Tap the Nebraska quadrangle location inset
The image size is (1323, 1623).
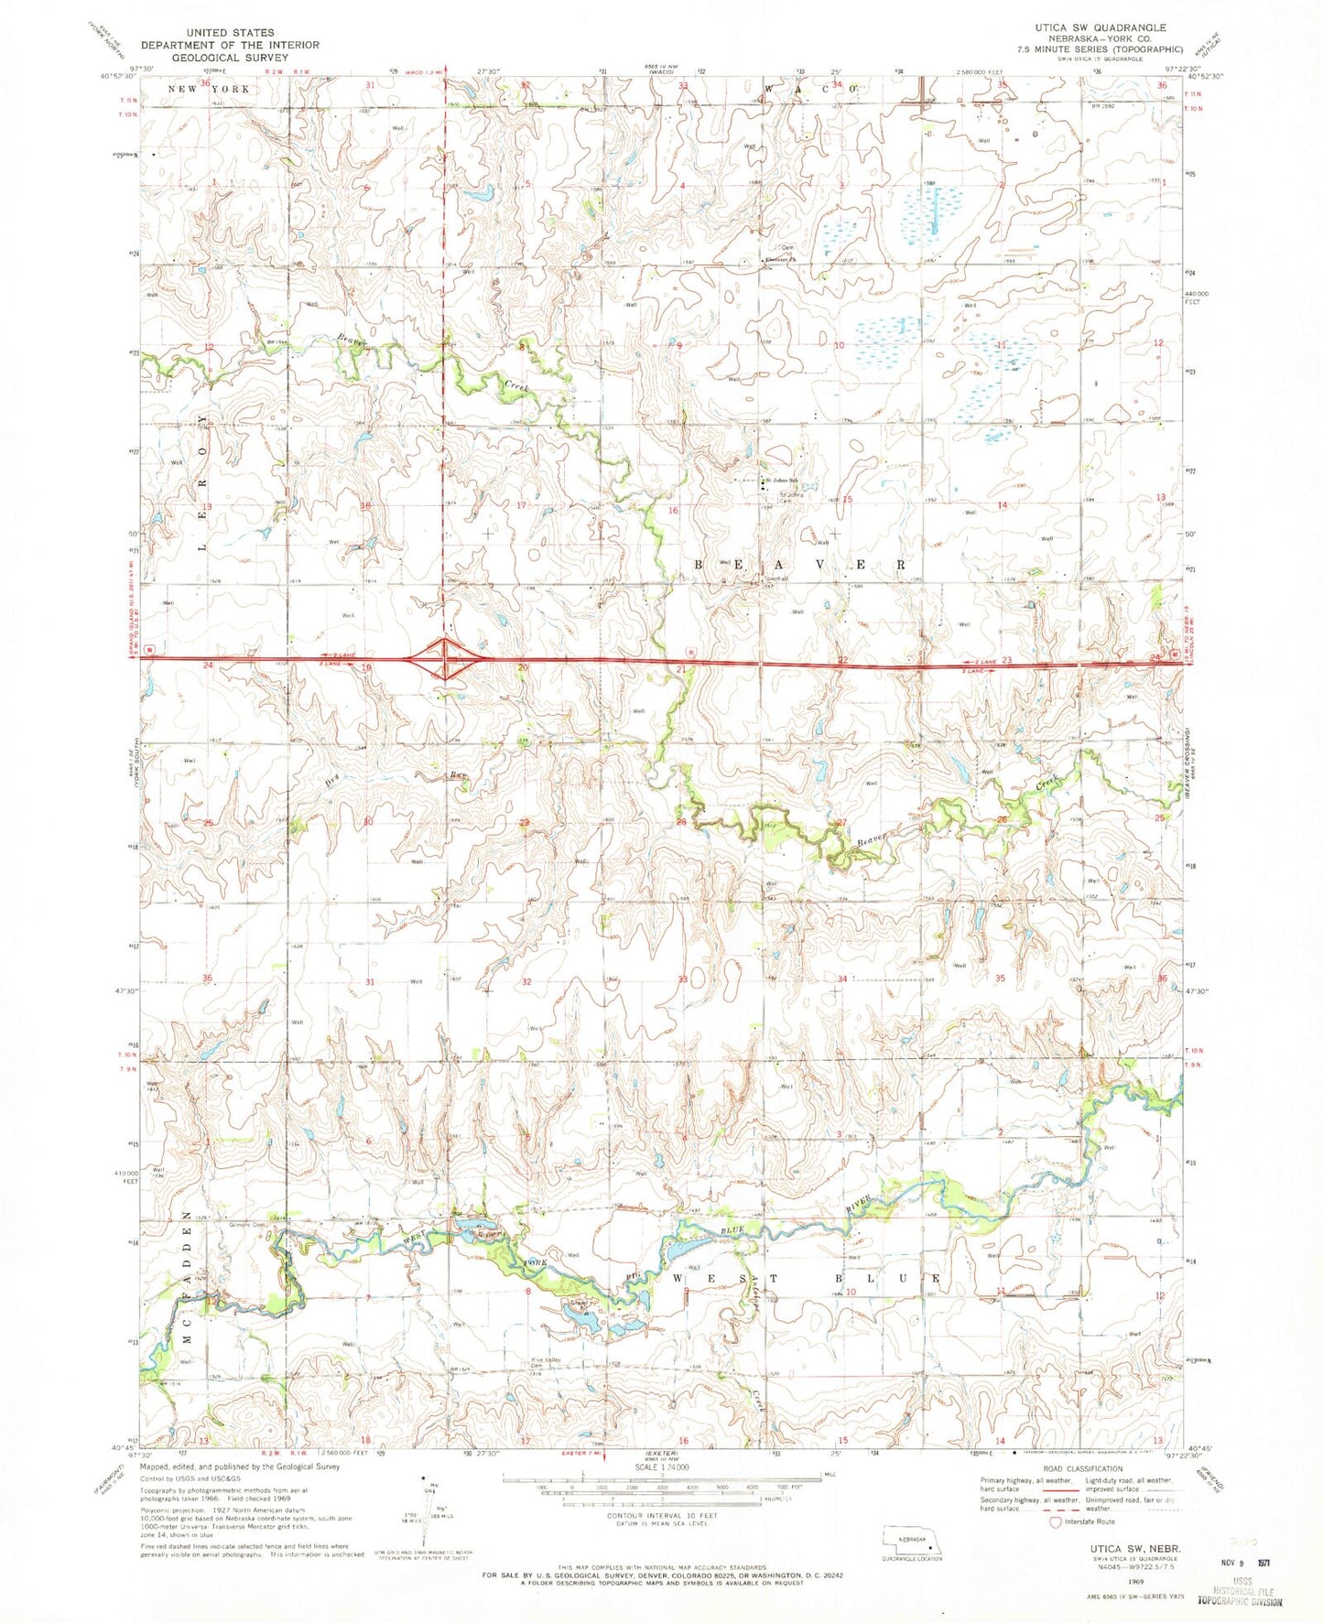coord(911,1542)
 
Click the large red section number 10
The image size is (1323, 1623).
coord(838,345)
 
